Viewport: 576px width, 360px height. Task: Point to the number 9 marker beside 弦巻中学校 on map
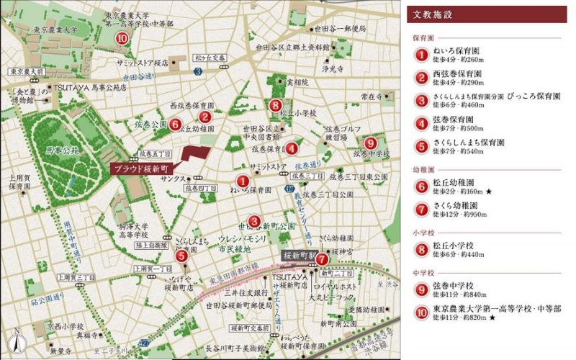(x=369, y=143)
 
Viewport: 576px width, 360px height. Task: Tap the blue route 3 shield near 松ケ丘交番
(x=197, y=71)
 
